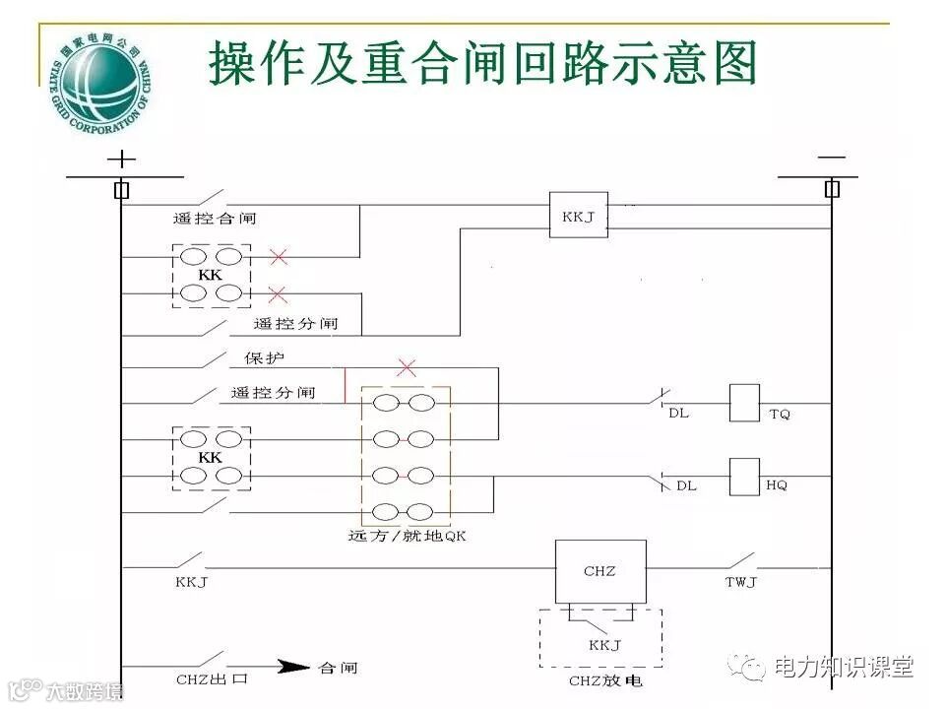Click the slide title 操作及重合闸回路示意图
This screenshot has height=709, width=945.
(x=482, y=64)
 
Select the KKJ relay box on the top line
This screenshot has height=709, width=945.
(x=578, y=215)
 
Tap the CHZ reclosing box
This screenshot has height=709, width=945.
(x=600, y=571)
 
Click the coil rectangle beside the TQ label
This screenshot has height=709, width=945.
(x=744, y=403)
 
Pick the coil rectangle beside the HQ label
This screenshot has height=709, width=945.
(x=744, y=477)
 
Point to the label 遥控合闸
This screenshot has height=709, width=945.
(x=215, y=219)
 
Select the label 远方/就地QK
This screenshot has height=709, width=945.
(x=406, y=537)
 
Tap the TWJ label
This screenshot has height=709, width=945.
(x=740, y=582)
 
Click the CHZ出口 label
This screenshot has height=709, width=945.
(x=211, y=679)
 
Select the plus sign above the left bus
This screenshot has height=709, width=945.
(x=121, y=159)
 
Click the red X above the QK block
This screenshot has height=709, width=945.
(x=406, y=368)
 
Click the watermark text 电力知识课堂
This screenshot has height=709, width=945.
(x=845, y=667)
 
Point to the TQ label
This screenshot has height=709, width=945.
(x=779, y=415)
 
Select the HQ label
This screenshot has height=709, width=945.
(x=777, y=485)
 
